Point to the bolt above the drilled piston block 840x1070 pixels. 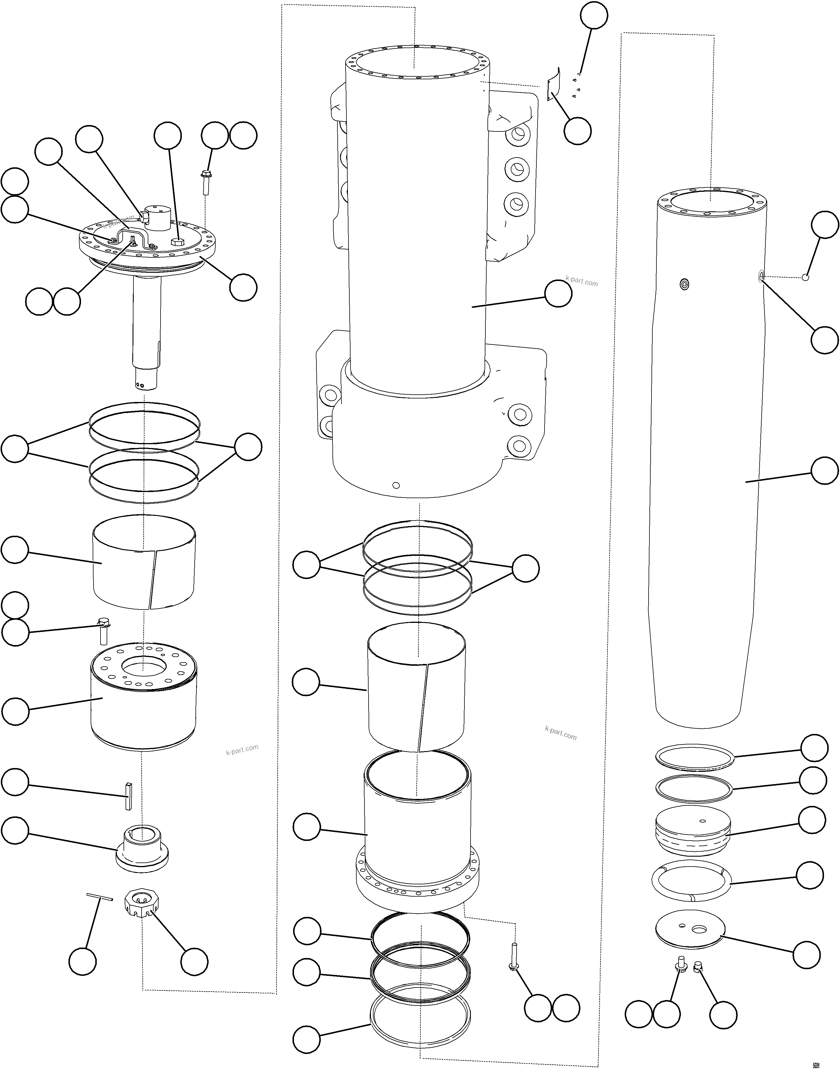tap(103, 631)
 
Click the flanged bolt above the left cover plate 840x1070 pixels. tap(206, 182)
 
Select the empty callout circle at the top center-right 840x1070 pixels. tap(594, 16)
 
